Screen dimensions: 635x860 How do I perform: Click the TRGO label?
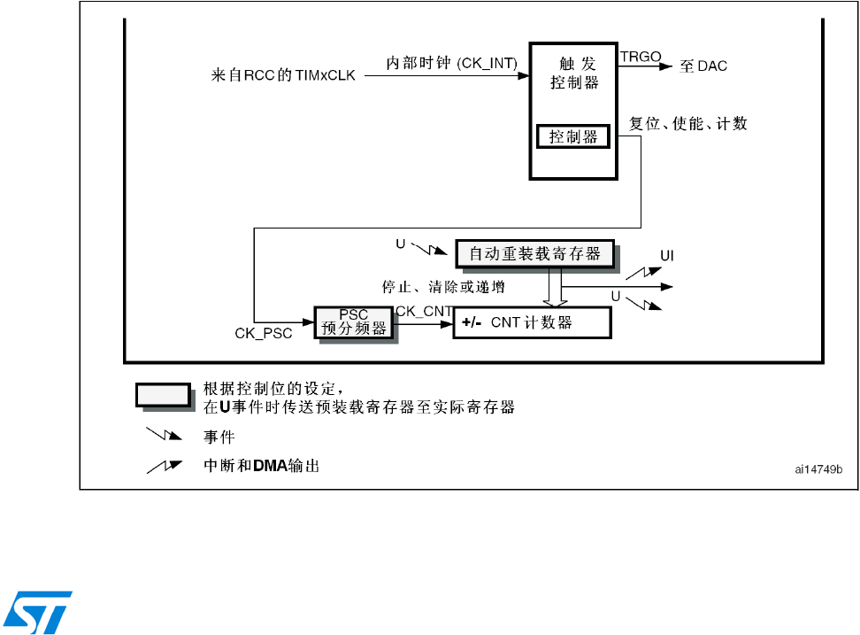(641, 56)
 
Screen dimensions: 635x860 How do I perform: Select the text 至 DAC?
(703, 66)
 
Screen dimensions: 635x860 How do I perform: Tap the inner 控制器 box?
(573, 136)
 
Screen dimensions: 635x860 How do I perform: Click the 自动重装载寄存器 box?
(534, 254)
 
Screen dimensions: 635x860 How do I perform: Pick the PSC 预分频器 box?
(353, 321)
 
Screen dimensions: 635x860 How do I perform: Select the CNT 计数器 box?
(532, 322)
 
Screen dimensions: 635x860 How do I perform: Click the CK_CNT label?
(424, 310)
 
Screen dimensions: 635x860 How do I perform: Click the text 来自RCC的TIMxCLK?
(284, 75)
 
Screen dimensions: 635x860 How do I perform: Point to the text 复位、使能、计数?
(687, 124)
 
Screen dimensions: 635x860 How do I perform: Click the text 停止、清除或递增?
(438, 286)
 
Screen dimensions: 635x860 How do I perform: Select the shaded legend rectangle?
(163, 395)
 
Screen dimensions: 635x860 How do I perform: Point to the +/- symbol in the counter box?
(470, 323)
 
